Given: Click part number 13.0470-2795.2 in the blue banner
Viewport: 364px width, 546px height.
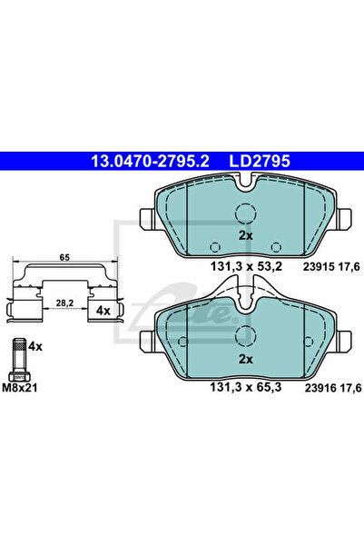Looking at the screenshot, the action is point(150,161).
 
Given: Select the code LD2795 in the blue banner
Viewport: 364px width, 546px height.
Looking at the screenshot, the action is point(260,161).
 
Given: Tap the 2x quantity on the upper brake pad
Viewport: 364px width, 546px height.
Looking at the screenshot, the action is point(245,235).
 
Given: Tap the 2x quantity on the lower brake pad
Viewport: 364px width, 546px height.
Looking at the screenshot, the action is point(245,359).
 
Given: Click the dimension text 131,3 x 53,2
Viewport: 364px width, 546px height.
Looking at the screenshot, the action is point(246,267).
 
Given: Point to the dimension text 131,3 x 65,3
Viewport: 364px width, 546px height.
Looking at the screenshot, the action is point(246,387).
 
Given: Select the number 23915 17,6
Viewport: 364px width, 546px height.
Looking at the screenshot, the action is point(331,267).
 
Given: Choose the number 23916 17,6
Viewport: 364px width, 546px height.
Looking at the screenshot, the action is point(333,388).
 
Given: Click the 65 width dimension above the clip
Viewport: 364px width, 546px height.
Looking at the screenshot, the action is point(64,257).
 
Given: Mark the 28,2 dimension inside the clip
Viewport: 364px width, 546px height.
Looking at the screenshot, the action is point(64,303).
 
